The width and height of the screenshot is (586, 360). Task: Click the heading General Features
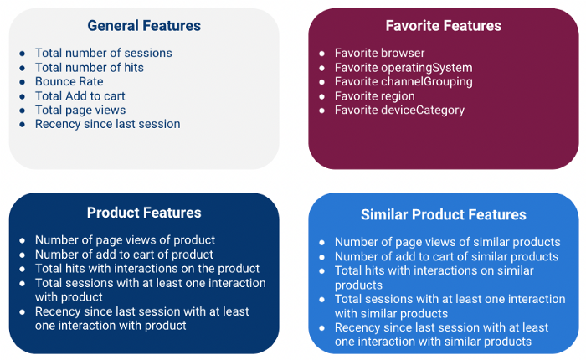144,26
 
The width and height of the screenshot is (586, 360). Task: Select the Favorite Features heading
444,26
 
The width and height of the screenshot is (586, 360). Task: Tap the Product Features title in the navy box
144,213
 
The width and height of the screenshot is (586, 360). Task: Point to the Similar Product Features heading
444,214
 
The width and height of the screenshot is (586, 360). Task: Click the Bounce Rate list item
69,81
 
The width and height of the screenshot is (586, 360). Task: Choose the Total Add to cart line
80,96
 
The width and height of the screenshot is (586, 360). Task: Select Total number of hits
90,68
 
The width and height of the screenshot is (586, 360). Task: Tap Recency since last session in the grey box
108,124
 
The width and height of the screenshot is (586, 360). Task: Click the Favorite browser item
380,53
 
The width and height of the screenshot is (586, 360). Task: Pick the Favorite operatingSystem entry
404,68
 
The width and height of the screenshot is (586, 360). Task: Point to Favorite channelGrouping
404,81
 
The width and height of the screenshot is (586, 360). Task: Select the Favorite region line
375,96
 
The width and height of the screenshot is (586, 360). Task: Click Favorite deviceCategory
399,110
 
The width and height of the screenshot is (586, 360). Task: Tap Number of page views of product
126,240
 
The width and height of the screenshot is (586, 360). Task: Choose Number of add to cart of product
124,255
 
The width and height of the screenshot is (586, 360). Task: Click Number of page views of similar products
448,242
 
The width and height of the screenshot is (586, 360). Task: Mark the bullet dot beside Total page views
23,111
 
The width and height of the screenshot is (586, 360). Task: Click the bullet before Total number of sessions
23,54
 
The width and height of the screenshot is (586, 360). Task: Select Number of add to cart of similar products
446,256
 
